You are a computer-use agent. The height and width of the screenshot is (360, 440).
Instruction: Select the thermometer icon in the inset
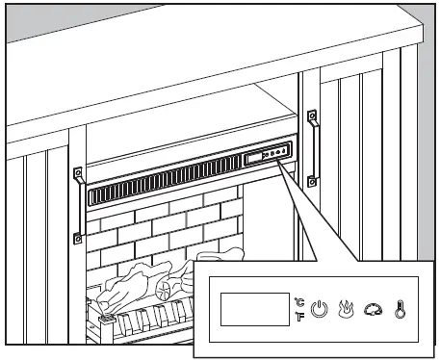(x=398, y=311)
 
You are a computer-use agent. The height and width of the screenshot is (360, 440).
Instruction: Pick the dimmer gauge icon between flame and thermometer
(x=373, y=311)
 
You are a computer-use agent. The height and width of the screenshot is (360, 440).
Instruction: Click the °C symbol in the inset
(x=299, y=302)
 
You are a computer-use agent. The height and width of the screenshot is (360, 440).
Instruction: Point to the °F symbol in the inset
(x=299, y=317)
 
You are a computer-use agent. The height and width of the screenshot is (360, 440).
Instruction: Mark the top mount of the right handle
(x=312, y=116)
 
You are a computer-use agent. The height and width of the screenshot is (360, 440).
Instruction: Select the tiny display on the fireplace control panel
(x=254, y=156)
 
